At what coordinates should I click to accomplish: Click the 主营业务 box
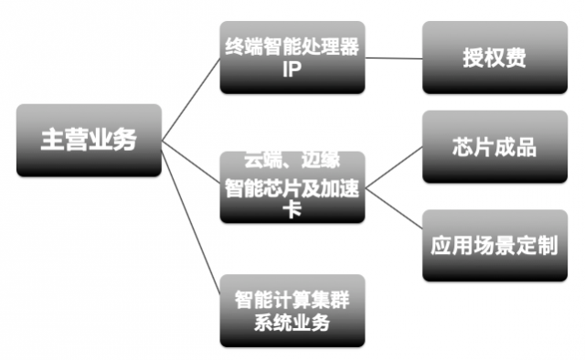pos(89,140)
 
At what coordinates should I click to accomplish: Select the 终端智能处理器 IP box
pos(292,57)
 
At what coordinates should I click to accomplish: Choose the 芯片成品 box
pos(494,146)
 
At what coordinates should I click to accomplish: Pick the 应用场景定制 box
pos(494,245)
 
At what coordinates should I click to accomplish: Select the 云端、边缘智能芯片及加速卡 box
pos(292,187)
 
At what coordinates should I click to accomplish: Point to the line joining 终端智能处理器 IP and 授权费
pos(393,57)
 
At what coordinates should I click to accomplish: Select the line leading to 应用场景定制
pos(393,214)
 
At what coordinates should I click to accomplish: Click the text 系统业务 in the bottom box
pos(292,323)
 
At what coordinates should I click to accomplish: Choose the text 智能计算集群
pos(292,299)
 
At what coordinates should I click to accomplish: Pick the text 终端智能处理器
pos(292,43)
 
